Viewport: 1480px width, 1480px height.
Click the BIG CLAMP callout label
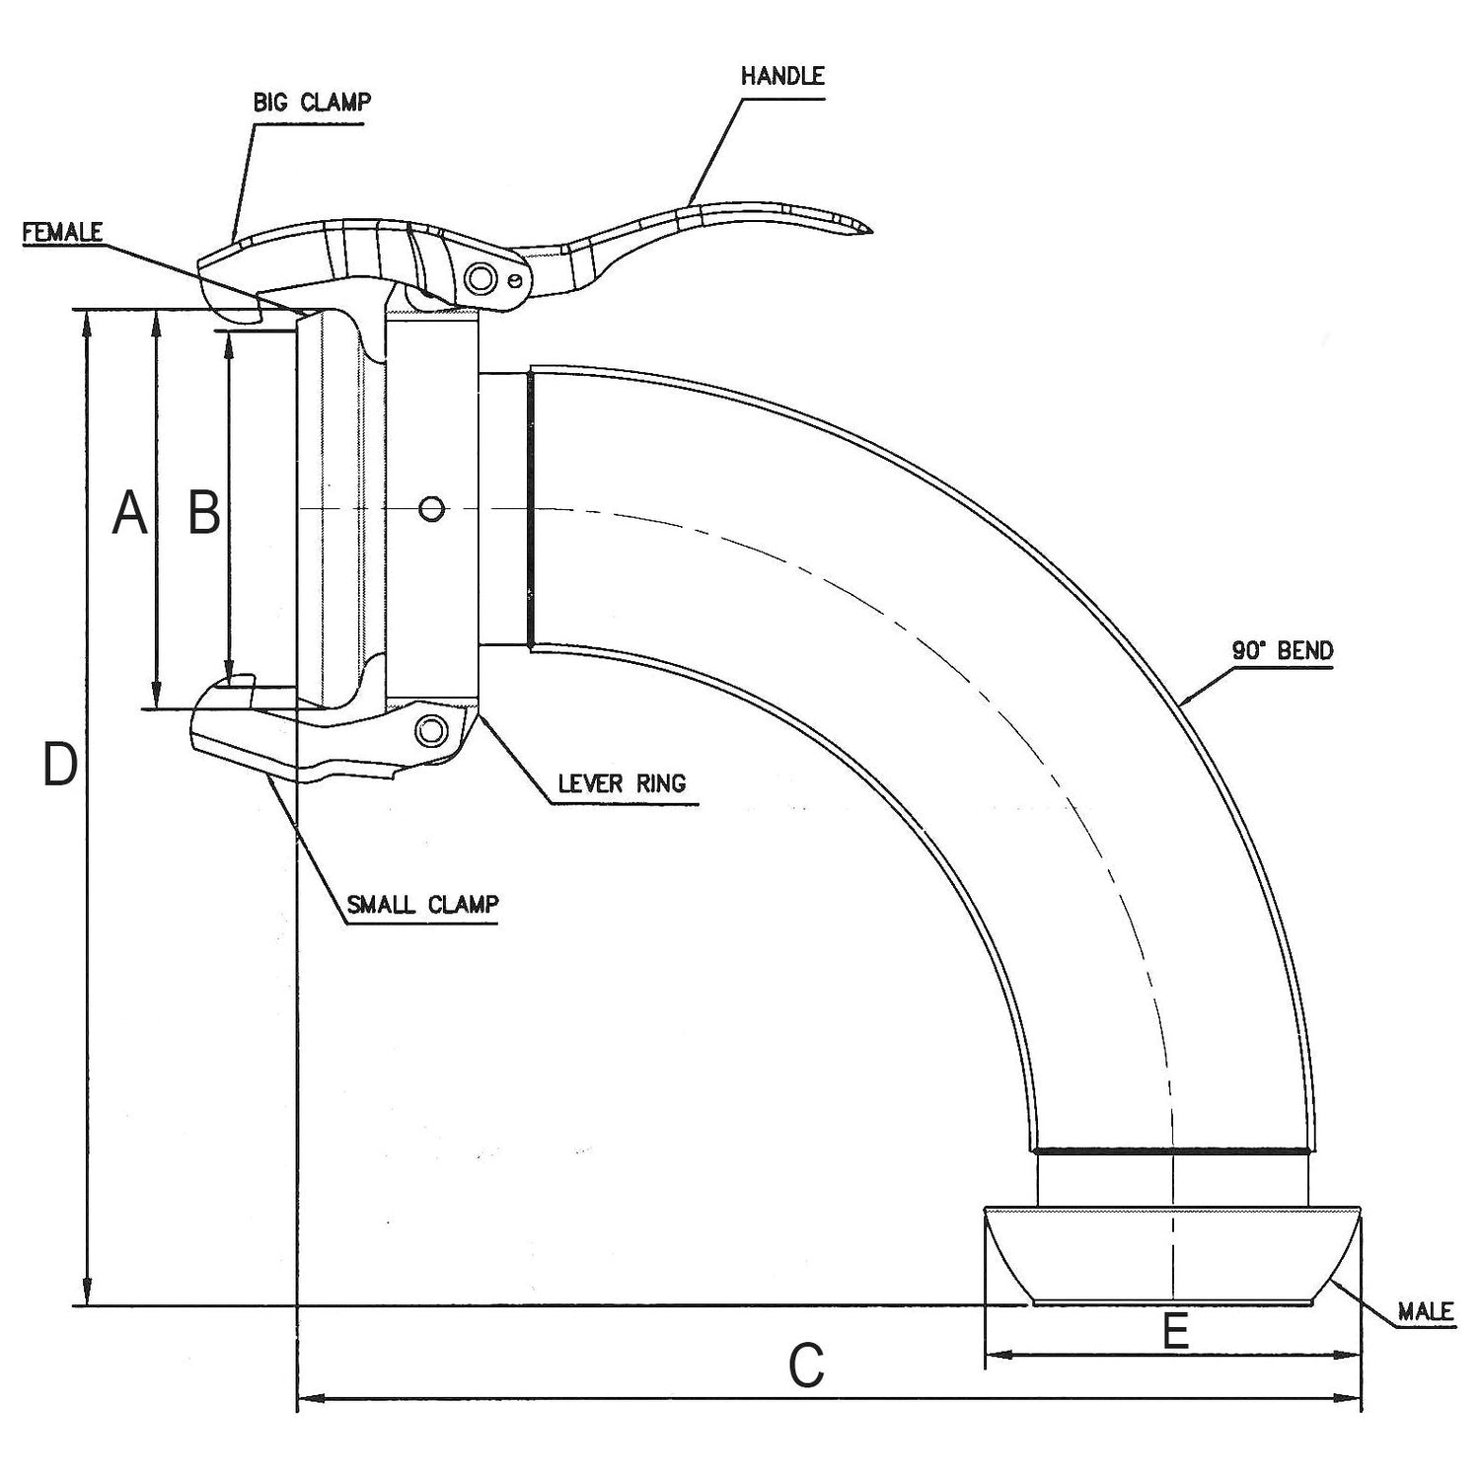[312, 102]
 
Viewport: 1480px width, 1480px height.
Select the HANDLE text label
[781, 77]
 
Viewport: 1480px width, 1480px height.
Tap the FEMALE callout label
[62, 232]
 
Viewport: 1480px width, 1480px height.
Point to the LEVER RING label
[622, 783]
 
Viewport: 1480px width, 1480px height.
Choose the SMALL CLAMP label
[422, 904]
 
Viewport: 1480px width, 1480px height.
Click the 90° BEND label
[1282, 650]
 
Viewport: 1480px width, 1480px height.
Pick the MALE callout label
[1426, 1311]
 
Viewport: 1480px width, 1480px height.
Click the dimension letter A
[129, 513]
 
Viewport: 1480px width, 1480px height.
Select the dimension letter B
[204, 513]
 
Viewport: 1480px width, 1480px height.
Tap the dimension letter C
[806, 1367]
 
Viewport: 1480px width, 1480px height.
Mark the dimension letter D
[60, 766]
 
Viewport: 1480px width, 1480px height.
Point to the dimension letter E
[1174, 1332]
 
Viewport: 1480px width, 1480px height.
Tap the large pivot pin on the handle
[481, 278]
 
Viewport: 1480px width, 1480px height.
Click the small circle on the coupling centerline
[431, 509]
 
